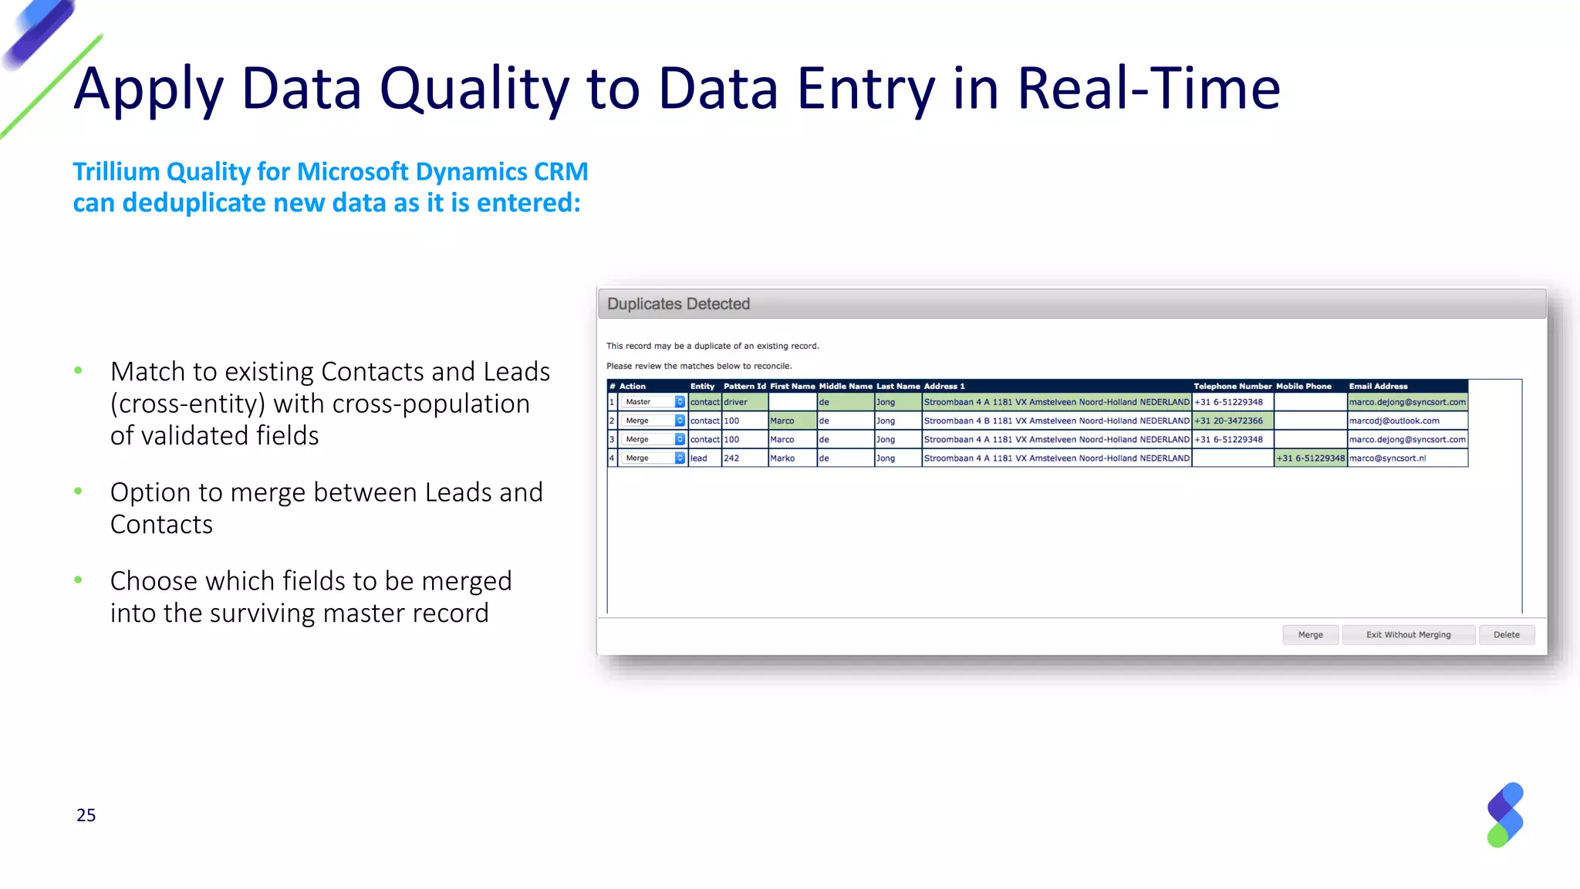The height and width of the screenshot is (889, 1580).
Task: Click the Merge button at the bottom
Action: [x=1310, y=634]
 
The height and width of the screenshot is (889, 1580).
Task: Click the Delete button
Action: [x=1506, y=634]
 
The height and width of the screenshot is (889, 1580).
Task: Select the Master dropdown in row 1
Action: [x=653, y=402]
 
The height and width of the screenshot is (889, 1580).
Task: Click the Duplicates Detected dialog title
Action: [x=678, y=304]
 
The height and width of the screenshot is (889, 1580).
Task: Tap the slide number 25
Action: [x=86, y=816]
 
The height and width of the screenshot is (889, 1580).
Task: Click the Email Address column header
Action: [x=1378, y=386]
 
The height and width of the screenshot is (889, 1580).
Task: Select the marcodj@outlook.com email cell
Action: [x=1394, y=421]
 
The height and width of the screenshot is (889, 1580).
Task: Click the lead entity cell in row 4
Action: [x=699, y=458]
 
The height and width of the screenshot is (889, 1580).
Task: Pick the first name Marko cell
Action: [x=782, y=458]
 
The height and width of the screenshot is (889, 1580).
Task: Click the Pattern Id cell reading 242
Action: [x=731, y=458]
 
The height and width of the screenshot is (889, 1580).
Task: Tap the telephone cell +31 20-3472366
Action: [x=1229, y=421]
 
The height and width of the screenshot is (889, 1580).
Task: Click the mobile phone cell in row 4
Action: [x=1310, y=458]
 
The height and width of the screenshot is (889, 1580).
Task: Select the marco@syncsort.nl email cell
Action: [x=1387, y=458]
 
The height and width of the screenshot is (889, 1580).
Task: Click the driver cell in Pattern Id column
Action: [x=736, y=402]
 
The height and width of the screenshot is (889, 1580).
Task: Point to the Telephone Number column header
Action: [x=1232, y=386]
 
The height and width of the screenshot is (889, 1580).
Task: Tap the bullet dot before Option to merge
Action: [x=78, y=492]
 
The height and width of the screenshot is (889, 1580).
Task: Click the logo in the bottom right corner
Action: [x=1504, y=815]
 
